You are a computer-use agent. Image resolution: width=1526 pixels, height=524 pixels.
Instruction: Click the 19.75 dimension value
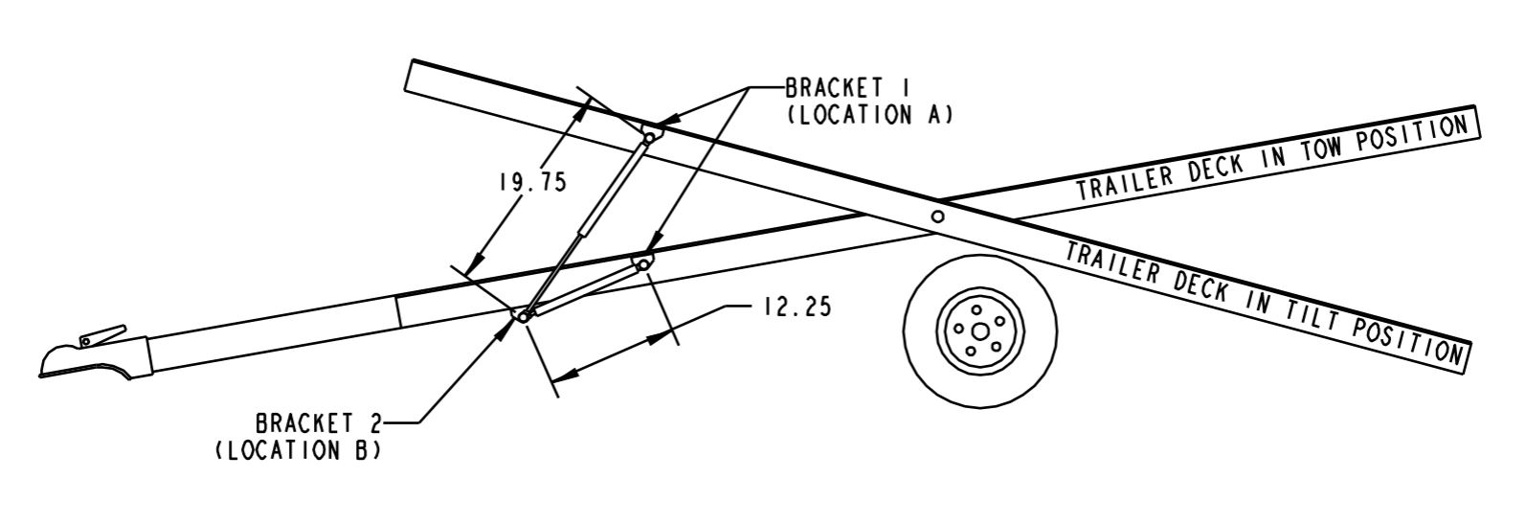[x=532, y=182]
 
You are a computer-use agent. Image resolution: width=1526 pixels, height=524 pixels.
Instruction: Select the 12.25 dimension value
[x=797, y=308]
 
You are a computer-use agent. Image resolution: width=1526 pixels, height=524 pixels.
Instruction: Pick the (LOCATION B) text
[x=298, y=449]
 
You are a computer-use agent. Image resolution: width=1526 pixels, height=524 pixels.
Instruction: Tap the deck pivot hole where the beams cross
[x=938, y=216]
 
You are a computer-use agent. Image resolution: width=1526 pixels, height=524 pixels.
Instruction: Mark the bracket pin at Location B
[x=522, y=315]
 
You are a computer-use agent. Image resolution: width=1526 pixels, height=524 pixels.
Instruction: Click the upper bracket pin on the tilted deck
[x=649, y=138]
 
